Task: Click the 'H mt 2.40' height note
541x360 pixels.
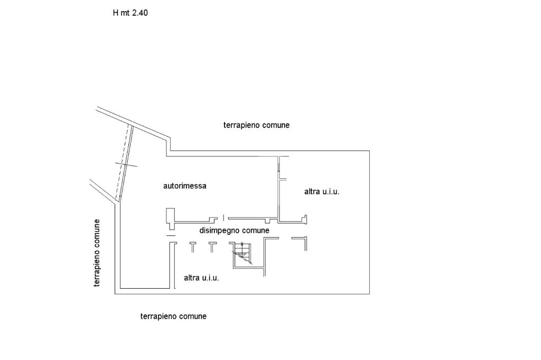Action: [x=130, y=13]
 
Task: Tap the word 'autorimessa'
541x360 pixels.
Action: [x=184, y=186]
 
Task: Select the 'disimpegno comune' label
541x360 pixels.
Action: [x=234, y=231]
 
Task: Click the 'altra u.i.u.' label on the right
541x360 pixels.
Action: [x=321, y=192]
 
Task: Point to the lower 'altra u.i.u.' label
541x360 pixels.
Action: [x=201, y=278]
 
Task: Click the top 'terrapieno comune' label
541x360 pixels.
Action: [x=256, y=125]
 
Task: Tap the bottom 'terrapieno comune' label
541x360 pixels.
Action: [x=173, y=316]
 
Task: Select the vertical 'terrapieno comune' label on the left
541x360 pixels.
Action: [x=97, y=253]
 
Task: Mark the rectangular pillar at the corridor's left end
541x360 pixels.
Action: [x=170, y=216]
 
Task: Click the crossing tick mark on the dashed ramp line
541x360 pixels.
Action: [x=126, y=165]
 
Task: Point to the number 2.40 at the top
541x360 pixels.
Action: [x=139, y=13]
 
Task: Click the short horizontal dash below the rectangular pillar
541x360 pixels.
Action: [x=170, y=235]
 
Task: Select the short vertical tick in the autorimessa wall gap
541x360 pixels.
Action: [x=223, y=217]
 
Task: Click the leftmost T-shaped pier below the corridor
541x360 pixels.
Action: [x=192, y=245]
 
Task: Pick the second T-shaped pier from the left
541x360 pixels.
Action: [x=212, y=245]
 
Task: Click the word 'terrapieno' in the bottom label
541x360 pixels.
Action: [x=158, y=316]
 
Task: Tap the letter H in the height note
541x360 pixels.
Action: [x=116, y=13]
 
